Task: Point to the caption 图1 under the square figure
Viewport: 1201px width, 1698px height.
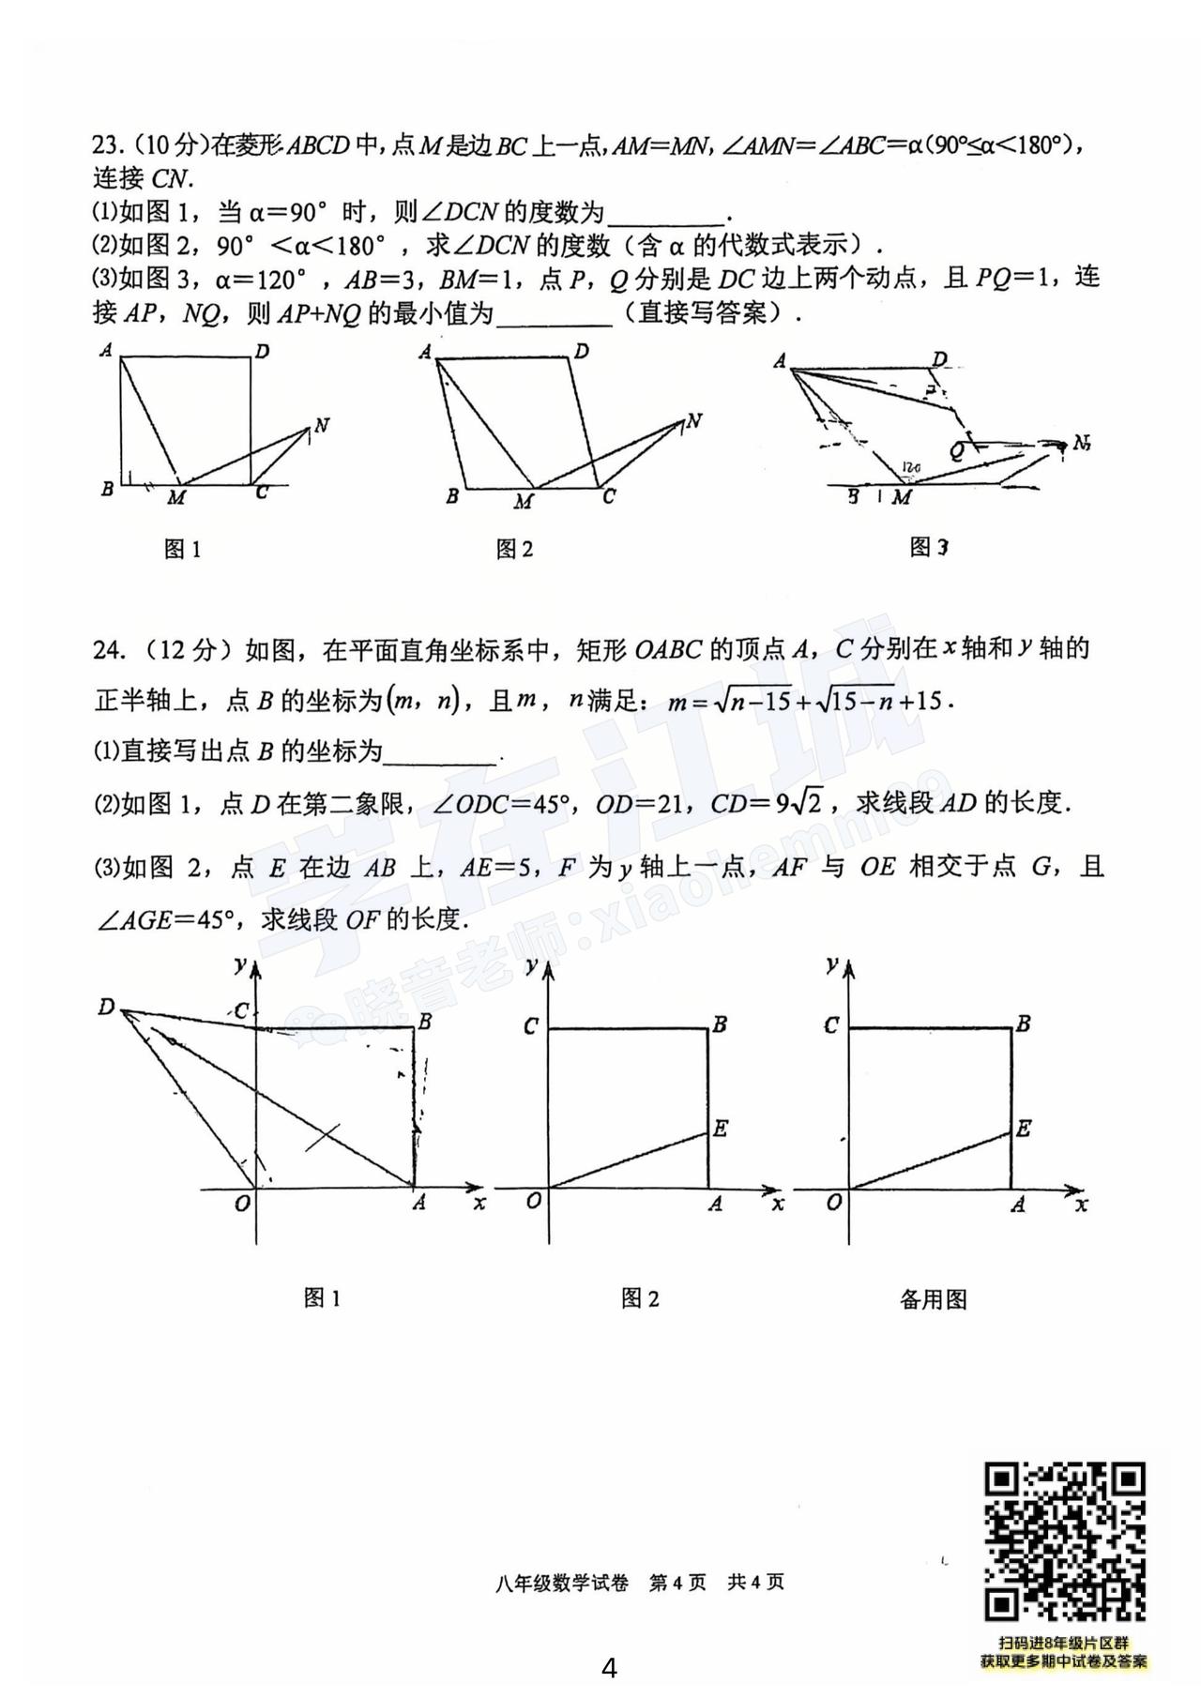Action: click(x=182, y=550)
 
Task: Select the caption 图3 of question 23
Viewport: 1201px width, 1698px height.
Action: click(x=929, y=547)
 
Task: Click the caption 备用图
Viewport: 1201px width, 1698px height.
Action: click(x=933, y=1299)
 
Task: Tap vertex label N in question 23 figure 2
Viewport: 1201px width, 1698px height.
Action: click(x=694, y=421)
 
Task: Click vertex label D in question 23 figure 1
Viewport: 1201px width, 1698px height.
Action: click(x=263, y=353)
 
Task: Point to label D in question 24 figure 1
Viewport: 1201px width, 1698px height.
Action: click(x=106, y=1008)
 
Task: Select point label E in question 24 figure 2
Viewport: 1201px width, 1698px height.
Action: click(x=720, y=1129)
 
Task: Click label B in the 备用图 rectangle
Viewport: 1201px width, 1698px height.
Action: click(x=1024, y=1023)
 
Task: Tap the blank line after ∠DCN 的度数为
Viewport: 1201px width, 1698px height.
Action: click(x=665, y=214)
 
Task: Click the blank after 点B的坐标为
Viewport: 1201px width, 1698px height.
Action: click(x=441, y=753)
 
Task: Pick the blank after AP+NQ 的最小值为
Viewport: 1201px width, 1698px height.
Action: click(x=554, y=315)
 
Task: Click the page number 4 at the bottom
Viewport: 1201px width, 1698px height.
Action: click(x=609, y=1668)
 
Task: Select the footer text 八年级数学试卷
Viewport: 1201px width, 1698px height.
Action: click(x=563, y=1583)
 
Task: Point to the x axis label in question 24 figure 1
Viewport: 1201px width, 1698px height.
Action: click(x=480, y=1203)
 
